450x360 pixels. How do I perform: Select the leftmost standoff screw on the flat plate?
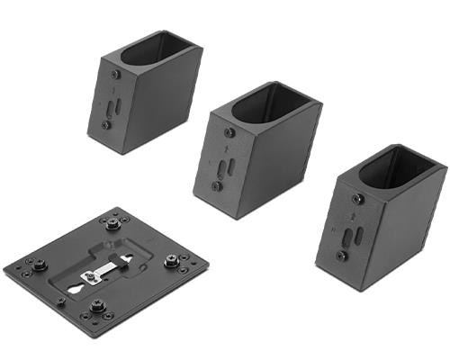[x=39, y=265]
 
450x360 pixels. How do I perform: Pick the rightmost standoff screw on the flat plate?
[x=173, y=262]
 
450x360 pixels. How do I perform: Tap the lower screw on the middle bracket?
[x=217, y=186]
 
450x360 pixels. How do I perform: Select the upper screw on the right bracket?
[x=357, y=199]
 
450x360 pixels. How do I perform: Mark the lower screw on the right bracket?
[x=342, y=256]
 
